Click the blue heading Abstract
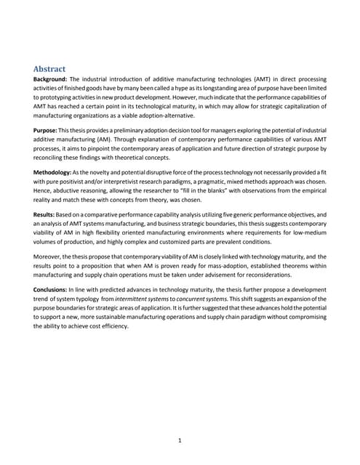pyautogui.click(x=50, y=69)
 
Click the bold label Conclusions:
pyautogui.click(x=57, y=288)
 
